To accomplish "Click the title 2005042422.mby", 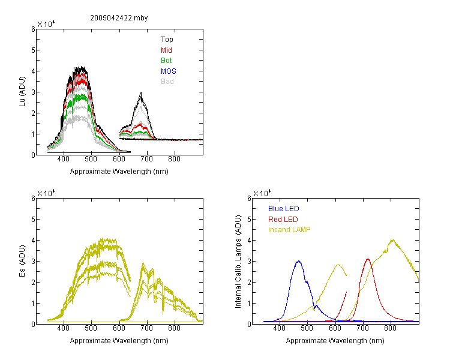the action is pyautogui.click(x=119, y=18).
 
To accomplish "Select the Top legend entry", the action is pyautogui.click(x=167, y=40).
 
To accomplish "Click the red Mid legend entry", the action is pyautogui.click(x=166, y=50).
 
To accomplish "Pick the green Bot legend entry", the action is pyautogui.click(x=166, y=60).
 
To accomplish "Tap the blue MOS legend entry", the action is pyautogui.click(x=169, y=71).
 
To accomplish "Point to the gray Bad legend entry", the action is pyautogui.click(x=167, y=82).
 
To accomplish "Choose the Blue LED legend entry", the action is pyautogui.click(x=284, y=208).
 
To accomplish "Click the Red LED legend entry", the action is pyautogui.click(x=283, y=220).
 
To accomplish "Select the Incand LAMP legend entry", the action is pyautogui.click(x=289, y=230).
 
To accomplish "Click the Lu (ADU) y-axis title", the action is pyautogui.click(x=22, y=92).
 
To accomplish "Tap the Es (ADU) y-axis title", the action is pyautogui.click(x=22, y=261).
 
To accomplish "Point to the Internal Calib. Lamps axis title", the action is pyautogui.click(x=238, y=262).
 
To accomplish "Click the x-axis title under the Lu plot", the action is pyautogui.click(x=119, y=172).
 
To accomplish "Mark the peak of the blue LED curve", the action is pyautogui.click(x=299, y=261).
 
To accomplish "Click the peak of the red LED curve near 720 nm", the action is pyautogui.click(x=368, y=259).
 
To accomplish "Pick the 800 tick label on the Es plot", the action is pyautogui.click(x=174, y=328).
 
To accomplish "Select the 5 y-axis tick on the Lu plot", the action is pyautogui.click(x=33, y=50).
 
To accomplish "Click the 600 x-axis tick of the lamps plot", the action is pyautogui.click(x=335, y=328).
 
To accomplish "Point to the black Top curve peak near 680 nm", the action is pyautogui.click(x=141, y=92).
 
